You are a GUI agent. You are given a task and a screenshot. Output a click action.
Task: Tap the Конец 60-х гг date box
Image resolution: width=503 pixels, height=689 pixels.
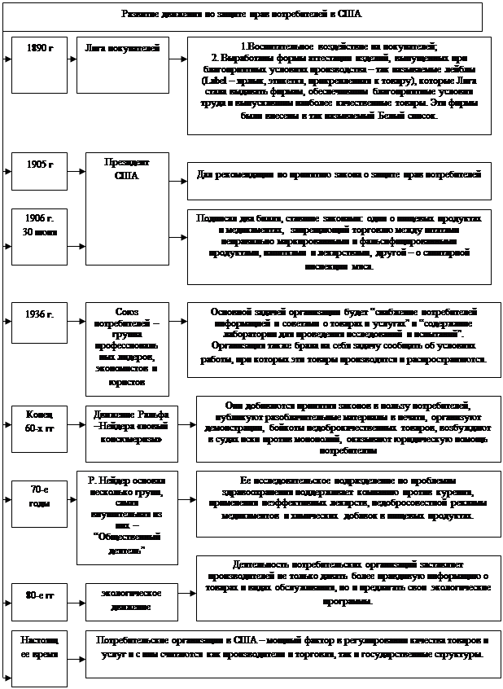(40, 419)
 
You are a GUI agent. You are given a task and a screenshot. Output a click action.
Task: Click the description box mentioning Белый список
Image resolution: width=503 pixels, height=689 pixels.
(339, 85)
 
